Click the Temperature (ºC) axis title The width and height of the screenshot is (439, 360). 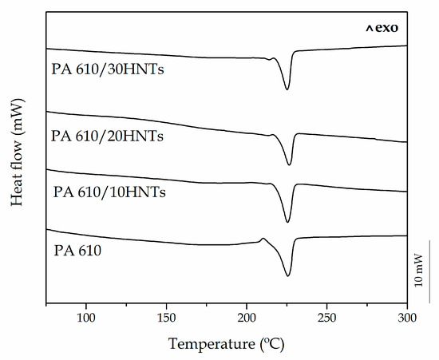227,344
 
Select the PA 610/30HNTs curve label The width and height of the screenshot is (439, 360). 109,69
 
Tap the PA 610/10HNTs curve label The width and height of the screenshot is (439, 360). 109,192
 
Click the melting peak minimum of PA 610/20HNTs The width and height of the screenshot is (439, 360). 289,164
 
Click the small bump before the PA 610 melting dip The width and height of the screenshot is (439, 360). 263,239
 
